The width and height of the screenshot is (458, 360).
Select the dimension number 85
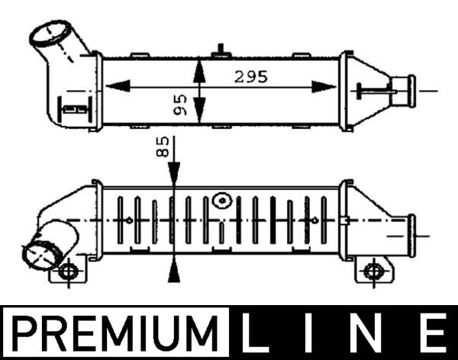[x=162, y=147]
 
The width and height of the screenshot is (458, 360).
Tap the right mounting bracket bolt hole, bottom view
[x=373, y=270]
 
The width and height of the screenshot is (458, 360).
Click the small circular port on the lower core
[x=222, y=201]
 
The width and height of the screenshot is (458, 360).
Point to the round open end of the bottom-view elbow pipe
[x=37, y=254]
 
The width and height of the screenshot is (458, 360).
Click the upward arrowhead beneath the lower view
[x=175, y=267]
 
